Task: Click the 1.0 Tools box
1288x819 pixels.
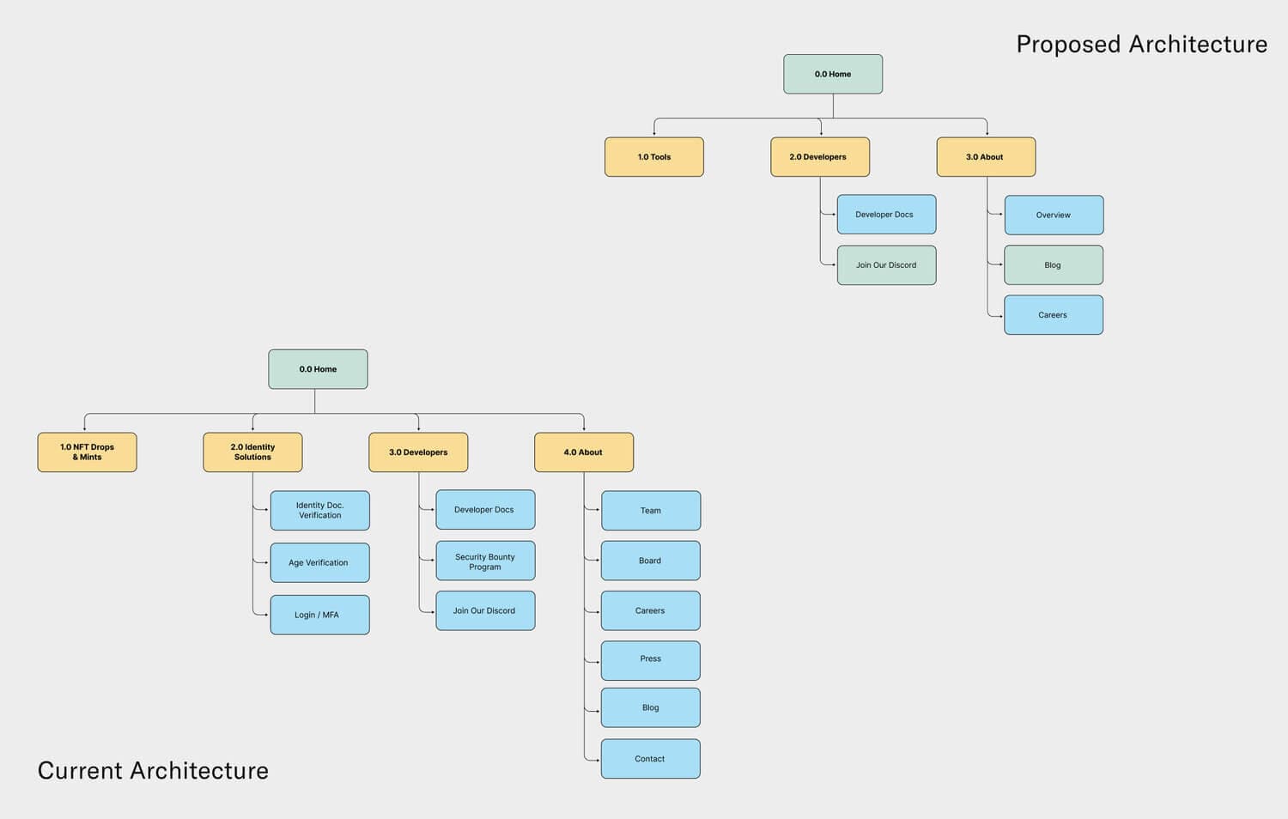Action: (654, 157)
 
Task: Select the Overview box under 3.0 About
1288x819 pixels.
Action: (1054, 215)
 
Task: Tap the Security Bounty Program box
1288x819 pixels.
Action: (485, 561)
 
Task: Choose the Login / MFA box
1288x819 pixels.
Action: (319, 615)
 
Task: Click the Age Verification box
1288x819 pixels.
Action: (319, 562)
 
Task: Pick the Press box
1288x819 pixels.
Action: (650, 660)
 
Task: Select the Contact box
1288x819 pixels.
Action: (650, 759)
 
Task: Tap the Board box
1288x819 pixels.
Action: (650, 561)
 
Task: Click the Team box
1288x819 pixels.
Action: (650, 511)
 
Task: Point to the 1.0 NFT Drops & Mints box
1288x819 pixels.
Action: (87, 452)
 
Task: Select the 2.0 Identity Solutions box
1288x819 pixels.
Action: (252, 452)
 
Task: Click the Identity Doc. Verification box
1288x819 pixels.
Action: (319, 511)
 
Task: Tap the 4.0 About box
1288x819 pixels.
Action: (584, 452)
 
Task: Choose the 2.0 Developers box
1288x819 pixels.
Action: (820, 157)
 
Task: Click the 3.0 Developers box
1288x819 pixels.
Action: (418, 452)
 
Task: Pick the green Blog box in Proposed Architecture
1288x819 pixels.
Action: (1054, 265)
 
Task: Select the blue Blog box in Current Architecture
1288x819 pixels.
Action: (650, 707)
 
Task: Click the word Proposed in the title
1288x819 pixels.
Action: (1069, 45)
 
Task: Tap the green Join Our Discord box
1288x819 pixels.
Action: (886, 265)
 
